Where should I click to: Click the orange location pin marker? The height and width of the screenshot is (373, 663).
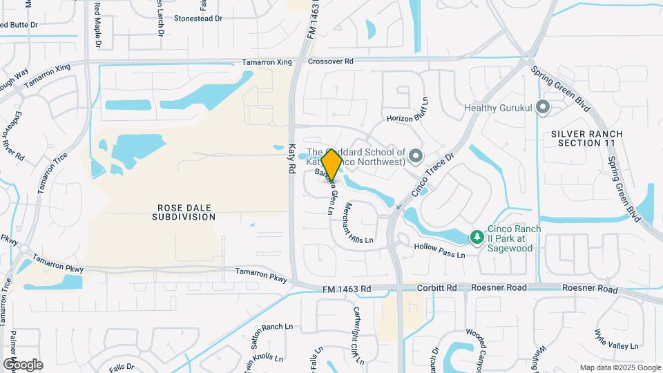331,164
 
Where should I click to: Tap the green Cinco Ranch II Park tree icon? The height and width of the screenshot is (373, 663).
477,238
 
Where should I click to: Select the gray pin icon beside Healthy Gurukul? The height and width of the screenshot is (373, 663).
543,107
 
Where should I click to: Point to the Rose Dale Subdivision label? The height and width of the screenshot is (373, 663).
184,212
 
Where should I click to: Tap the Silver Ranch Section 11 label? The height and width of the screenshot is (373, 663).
587,137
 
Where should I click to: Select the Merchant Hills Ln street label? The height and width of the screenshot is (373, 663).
358,223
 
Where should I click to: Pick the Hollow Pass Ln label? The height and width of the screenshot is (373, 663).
440,250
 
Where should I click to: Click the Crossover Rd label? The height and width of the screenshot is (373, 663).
331,61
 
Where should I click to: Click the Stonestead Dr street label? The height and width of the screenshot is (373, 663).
198,18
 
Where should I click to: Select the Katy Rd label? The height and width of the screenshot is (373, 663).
292,158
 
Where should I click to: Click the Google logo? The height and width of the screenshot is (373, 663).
23,364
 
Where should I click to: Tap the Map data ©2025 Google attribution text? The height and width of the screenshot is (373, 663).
619,367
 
